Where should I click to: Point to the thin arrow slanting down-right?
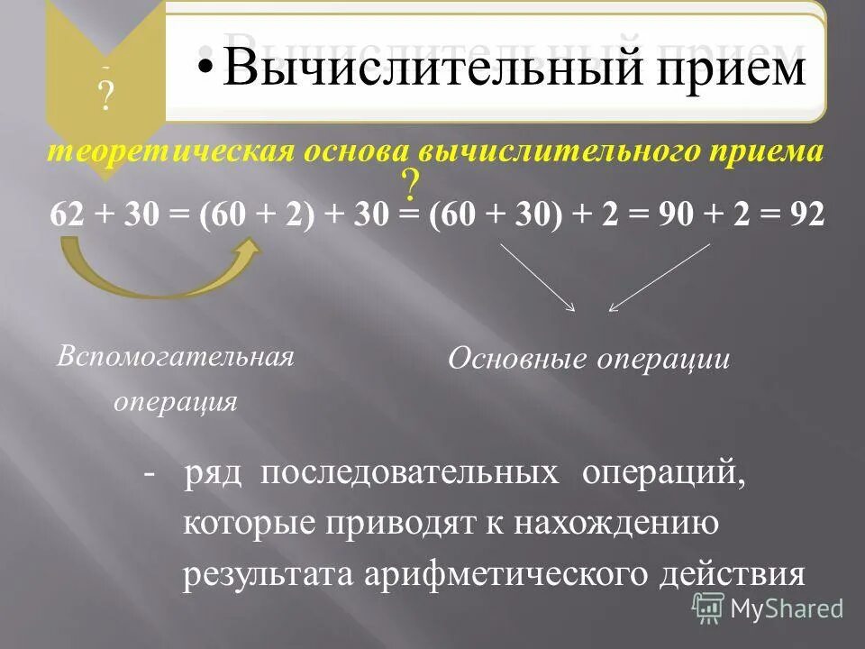click(537, 278)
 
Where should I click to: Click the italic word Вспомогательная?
click(176, 355)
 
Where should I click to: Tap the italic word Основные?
click(513, 360)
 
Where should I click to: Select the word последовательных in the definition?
click(410, 475)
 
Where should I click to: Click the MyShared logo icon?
click(707, 608)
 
